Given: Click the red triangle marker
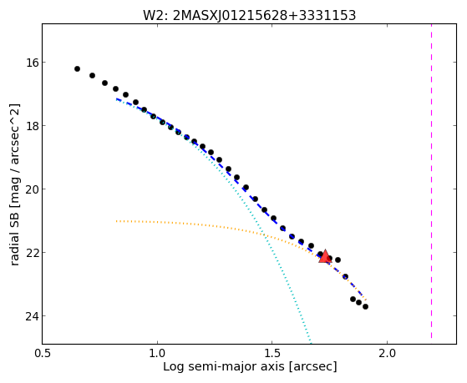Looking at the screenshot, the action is [x=325, y=256].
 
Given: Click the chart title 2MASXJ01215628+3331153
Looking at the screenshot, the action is [x=265, y=16].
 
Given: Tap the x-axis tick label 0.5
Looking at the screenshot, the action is [x=43, y=353].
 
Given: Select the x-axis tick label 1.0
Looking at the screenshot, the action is [x=157, y=353].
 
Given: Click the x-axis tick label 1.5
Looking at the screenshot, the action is [x=272, y=353].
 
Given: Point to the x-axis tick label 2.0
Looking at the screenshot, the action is [x=387, y=353].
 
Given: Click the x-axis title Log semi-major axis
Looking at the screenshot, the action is [x=224, y=366].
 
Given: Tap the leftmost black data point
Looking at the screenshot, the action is [x=77, y=68].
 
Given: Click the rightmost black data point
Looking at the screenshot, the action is [x=365, y=306].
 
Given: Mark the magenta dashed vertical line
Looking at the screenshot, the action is [x=431, y=181].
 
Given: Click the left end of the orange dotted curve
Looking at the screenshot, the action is [x=117, y=221].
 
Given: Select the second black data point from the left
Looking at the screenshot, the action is [x=93, y=76].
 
